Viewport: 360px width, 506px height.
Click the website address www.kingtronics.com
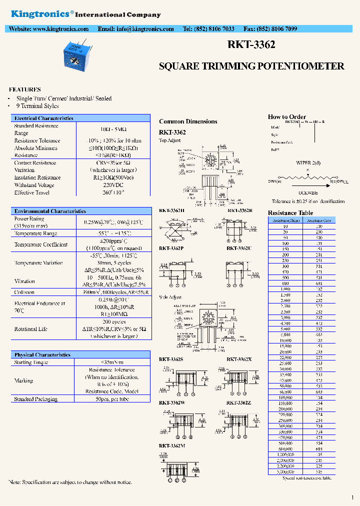60,29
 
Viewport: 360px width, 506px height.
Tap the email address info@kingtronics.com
145,29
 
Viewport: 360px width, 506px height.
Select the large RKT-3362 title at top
251,45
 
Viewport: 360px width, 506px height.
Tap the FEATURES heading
25,89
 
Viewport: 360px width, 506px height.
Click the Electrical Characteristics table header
43,118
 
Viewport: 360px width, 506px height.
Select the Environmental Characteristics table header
50,211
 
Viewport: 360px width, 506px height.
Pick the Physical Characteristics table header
42,354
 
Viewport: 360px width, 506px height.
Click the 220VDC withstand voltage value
113,185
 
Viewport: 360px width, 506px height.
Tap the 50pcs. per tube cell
113,399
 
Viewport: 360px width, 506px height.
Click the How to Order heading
287,117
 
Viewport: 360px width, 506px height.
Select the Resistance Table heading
290,213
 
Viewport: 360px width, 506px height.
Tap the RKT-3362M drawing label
172,445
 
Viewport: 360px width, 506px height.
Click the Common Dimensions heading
188,121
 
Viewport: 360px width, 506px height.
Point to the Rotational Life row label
31,329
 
